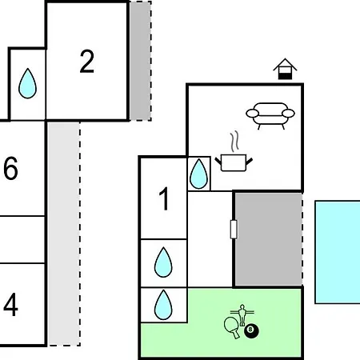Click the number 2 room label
coord(87,62)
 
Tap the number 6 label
coord(10,168)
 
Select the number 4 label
coord(10,305)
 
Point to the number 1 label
coord(164,198)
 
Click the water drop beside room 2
coord(27,83)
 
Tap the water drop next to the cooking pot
coord(198,174)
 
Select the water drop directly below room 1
coord(163,262)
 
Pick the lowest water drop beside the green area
coord(163,305)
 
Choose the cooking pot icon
coord(234,162)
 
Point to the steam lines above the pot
coord(234,142)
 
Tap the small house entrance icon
coord(285,69)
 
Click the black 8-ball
coord(251,330)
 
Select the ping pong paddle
coord(231,328)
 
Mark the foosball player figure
coord(242,315)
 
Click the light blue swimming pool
coord(338,252)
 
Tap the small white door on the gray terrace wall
coord(234,229)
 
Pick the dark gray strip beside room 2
coord(140,61)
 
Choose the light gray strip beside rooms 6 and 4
coord(64,234)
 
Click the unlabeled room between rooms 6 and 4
coord(22,239)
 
